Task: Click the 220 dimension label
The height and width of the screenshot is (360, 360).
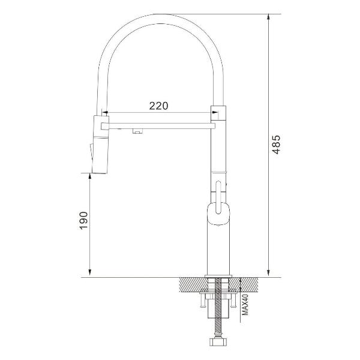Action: [158, 106]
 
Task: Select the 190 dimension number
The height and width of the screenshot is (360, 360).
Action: [83, 220]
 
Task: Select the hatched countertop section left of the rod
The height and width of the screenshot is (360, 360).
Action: [191, 284]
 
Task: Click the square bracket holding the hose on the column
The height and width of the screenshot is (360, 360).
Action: [218, 112]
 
